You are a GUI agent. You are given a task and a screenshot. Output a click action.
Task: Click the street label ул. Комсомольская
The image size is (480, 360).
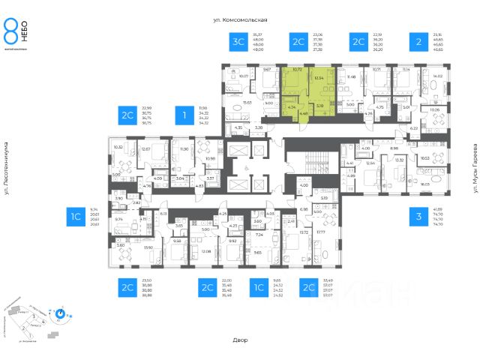241,19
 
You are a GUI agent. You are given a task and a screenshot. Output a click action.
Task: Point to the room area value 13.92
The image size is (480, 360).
148,247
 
